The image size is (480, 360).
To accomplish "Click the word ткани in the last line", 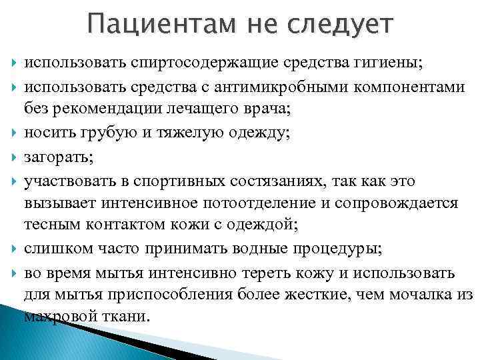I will point(129,316).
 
